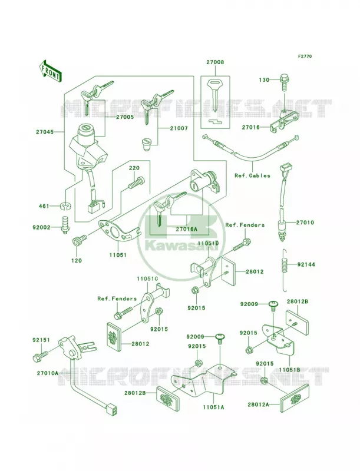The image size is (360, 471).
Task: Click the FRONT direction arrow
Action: (x=50, y=71)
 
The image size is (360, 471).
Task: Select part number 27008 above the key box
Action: (x=215, y=62)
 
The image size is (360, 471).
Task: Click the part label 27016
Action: (x=251, y=127)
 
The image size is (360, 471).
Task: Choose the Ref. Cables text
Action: (x=252, y=175)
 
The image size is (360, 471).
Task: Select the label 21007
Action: (x=179, y=128)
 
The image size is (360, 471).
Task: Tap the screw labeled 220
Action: (x=136, y=183)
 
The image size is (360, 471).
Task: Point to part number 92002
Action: (x=42, y=227)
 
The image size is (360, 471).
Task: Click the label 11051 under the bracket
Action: (x=118, y=256)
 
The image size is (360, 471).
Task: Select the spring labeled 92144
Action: (x=285, y=270)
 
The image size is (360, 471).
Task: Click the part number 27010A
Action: (x=48, y=373)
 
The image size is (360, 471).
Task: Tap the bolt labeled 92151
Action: (x=39, y=355)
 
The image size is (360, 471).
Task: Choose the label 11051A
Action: (x=213, y=407)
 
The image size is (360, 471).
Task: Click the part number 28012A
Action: (x=259, y=404)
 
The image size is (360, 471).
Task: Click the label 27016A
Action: (x=186, y=229)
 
